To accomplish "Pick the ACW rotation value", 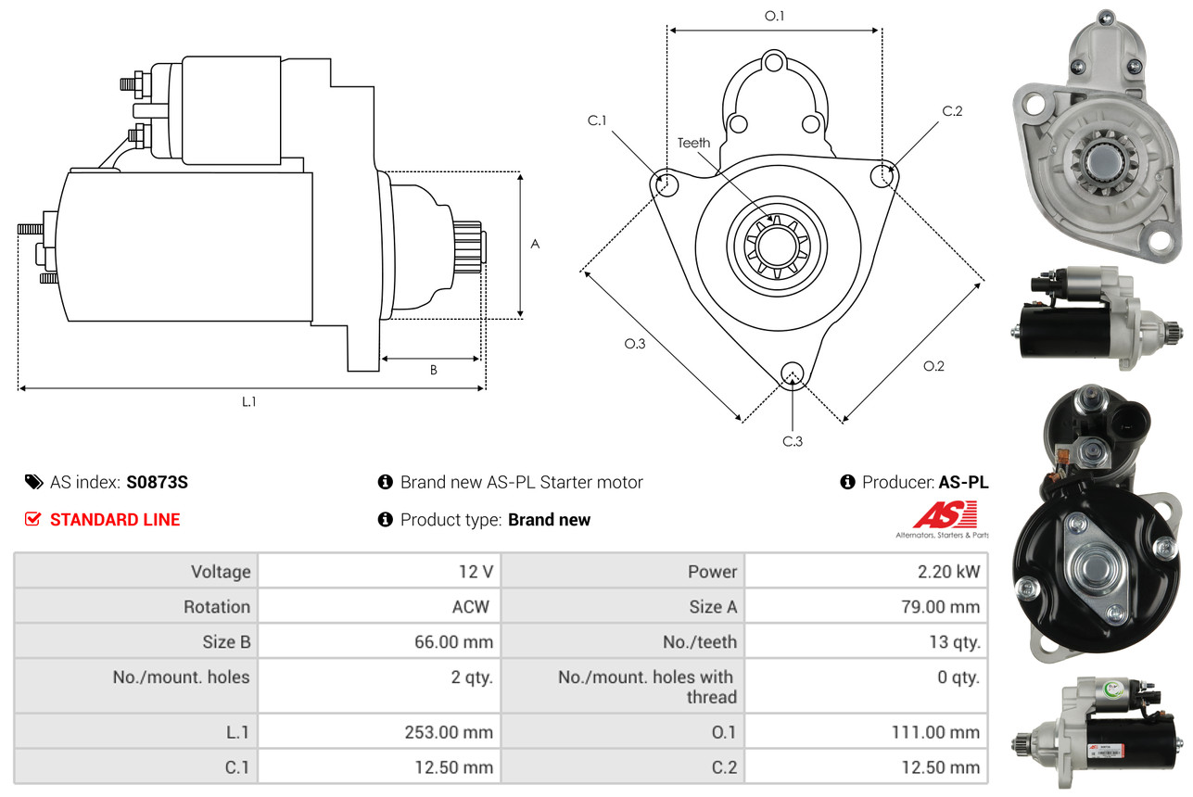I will pos(469,607).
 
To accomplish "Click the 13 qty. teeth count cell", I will pos(955,641).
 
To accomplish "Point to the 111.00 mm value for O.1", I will pos(936,732).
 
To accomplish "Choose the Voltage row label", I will pos(221,572).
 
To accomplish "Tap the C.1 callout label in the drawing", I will pos(596,120).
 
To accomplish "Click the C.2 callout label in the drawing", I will pos(952,111).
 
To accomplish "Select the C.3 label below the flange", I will pos(792,441).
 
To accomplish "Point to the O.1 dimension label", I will pos(774,16).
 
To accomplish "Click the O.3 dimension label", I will pos(634,343).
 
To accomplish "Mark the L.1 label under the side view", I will pos(248,401).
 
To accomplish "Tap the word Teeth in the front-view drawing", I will pos(693,143).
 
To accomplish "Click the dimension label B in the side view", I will pos(433,370).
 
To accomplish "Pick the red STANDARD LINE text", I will pos(115,520).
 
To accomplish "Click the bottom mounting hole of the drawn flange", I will pos(792,373).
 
